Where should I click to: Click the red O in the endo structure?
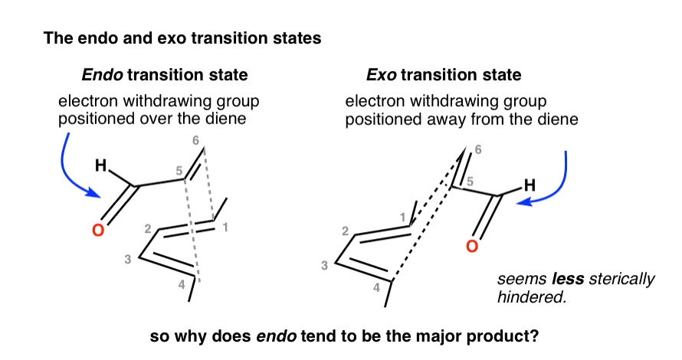pos(98,230)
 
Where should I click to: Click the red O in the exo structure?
pos(472,247)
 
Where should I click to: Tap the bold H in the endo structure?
pos(101,165)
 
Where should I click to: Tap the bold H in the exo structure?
pos(530,185)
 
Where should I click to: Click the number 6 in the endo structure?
pos(195,140)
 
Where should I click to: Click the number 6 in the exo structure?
pos(478,150)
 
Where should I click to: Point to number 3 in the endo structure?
pos(128,260)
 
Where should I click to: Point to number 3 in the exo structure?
pos(324,265)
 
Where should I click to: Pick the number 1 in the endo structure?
pos(225,227)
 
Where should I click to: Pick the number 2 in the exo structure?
pos(346,231)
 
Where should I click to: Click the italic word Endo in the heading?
pos(102,75)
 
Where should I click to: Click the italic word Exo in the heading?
pos(381,75)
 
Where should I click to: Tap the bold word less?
pos(568,278)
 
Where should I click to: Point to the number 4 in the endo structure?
pos(182,285)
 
